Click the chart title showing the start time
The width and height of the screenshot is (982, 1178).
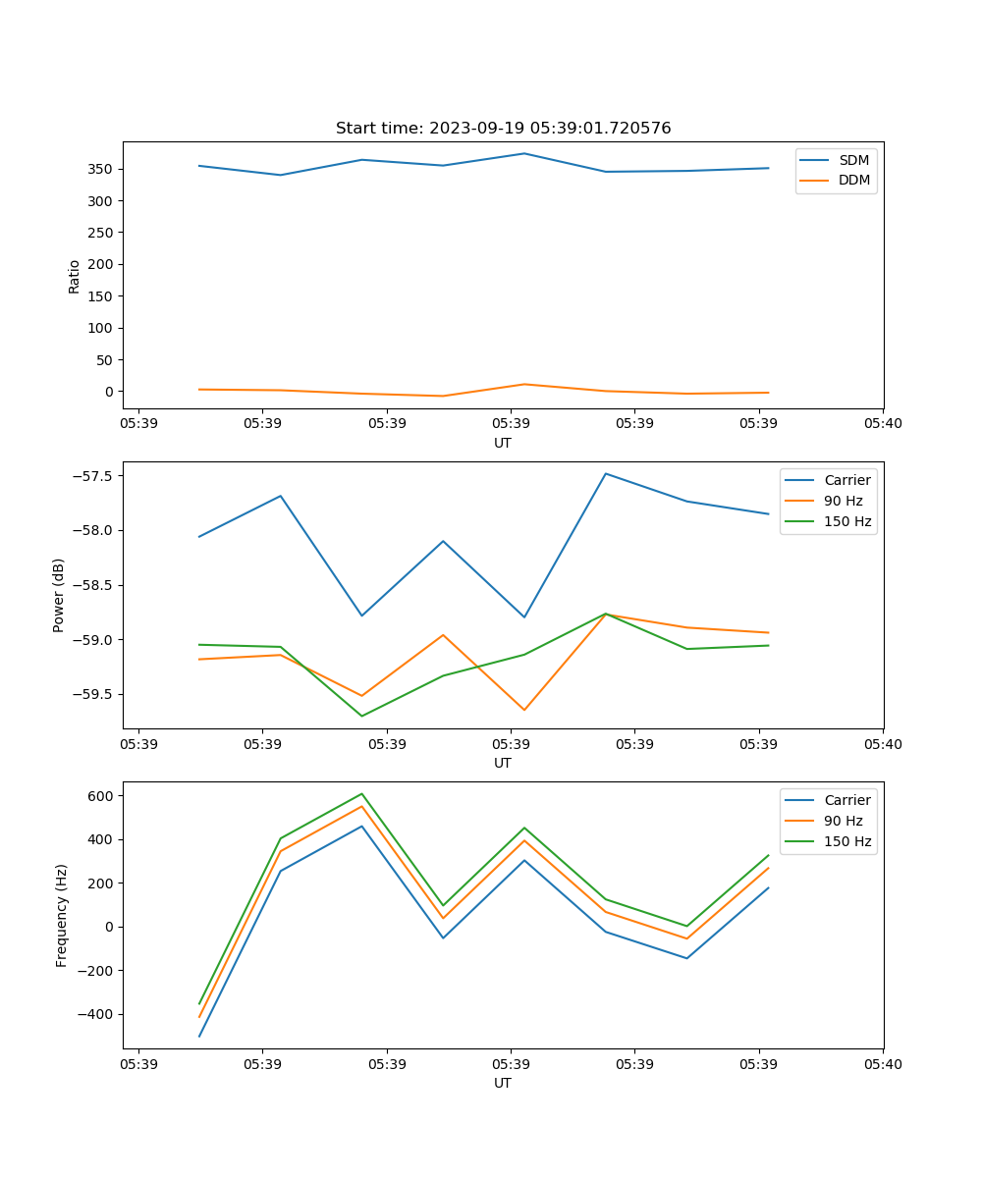coord(503,129)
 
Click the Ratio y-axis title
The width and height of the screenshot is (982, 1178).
coord(75,276)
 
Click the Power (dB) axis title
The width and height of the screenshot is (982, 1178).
coord(59,595)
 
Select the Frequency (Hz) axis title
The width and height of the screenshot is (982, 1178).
coord(61,915)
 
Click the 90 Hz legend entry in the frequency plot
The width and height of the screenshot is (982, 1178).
coord(844,821)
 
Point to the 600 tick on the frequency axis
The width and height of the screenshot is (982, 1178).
coord(101,796)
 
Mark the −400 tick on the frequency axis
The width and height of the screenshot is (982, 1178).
coord(96,1014)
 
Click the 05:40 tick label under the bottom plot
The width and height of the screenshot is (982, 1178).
coord(883,1064)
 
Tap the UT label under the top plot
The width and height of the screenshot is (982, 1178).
coord(503,443)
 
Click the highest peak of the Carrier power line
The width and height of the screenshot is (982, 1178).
coord(606,473)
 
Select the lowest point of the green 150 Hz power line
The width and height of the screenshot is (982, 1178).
coord(361,716)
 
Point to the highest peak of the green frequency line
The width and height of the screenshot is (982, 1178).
coord(361,793)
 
